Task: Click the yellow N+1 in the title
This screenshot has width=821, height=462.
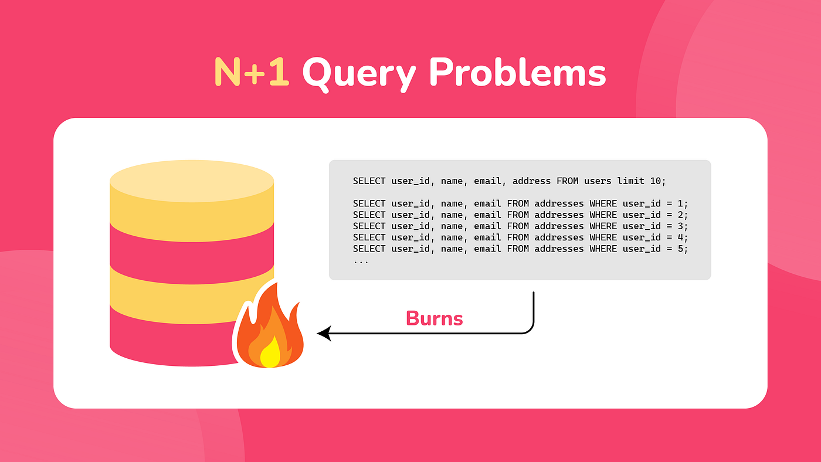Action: pos(252,72)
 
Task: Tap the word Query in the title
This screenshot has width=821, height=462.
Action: pos(359,74)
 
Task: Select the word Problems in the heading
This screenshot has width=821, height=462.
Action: pos(517,72)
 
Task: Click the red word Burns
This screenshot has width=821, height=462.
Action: pos(435,318)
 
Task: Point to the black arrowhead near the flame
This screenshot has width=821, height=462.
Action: pos(324,334)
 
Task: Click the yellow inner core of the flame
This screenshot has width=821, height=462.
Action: pos(270,352)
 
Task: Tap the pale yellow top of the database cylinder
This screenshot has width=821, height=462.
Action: pos(192,181)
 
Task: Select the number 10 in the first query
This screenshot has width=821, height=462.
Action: pos(656,181)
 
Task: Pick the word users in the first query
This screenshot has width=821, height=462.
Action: pos(598,181)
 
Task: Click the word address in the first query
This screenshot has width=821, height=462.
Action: pos(531,181)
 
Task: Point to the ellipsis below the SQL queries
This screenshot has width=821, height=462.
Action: pos(361,262)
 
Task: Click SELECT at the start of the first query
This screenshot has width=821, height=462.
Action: pos(369,181)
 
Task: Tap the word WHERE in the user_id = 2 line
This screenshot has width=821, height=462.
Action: pos(603,215)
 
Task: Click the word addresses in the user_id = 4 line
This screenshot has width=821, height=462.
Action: pos(559,238)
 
